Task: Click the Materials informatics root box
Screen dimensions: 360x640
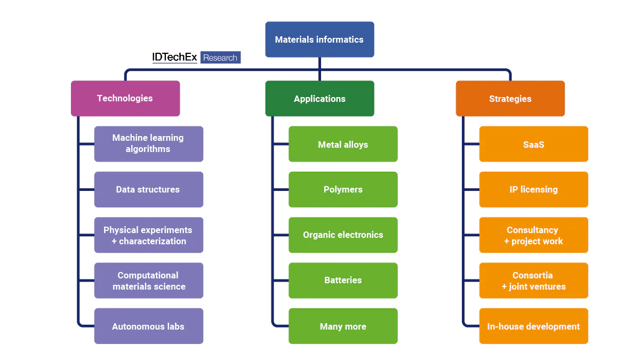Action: (x=319, y=39)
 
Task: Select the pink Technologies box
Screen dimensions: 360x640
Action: (x=125, y=99)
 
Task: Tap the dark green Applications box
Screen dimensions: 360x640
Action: (x=319, y=99)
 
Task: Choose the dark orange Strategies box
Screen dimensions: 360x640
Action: (x=510, y=99)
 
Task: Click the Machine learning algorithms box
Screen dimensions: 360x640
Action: (x=149, y=144)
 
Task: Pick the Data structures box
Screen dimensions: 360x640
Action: (x=149, y=189)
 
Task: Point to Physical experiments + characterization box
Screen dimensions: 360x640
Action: (x=149, y=235)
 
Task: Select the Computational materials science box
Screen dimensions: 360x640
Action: (x=149, y=281)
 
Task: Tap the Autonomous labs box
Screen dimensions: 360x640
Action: (x=149, y=326)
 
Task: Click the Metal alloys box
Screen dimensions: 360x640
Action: (x=343, y=144)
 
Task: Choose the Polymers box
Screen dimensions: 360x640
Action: (x=343, y=189)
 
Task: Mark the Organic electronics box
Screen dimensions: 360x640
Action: (x=343, y=235)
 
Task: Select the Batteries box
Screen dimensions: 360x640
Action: (x=343, y=281)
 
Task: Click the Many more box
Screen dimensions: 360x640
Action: (x=343, y=326)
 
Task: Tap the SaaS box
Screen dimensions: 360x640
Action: (x=533, y=144)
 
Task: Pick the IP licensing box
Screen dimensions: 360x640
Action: (x=533, y=189)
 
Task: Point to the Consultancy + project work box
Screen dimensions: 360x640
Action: (x=533, y=235)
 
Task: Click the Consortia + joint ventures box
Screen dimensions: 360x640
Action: (x=533, y=281)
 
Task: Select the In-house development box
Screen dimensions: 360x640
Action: (x=533, y=326)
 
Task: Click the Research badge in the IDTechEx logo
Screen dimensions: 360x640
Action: (x=220, y=58)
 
